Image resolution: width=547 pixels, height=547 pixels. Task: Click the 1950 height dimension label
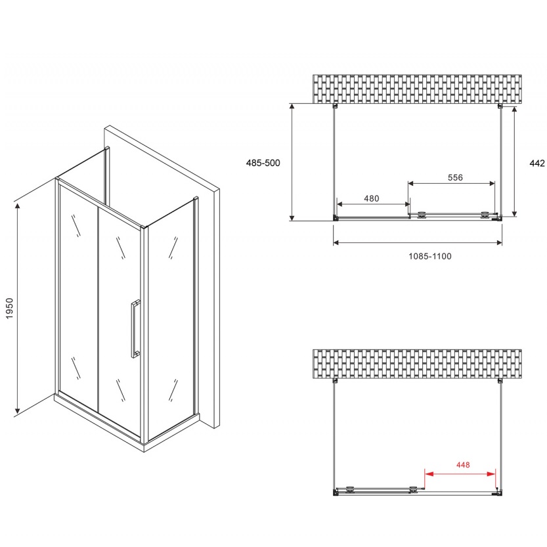pos(9,308)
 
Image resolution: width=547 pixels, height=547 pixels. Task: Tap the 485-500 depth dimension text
pos(263,163)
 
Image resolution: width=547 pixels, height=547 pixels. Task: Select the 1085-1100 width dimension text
pos(429,256)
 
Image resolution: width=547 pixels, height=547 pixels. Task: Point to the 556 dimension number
pos(455,177)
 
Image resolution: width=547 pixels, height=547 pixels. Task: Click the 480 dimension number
pos(371,198)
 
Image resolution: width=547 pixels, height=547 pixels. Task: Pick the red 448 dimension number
pos(463,465)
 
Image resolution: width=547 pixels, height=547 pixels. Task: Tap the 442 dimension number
pos(537,163)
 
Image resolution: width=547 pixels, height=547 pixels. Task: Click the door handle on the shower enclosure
pos(135,329)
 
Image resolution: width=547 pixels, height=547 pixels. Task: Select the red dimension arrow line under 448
pos(460,473)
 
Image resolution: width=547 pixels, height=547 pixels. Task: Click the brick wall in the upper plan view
pos(417,89)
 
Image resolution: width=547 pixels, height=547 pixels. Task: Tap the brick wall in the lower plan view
pos(417,364)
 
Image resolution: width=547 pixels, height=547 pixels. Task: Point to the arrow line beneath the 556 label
pos(451,183)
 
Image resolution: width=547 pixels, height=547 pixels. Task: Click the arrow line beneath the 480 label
pos(373,204)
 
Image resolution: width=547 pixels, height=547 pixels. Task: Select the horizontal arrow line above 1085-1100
pos(418,242)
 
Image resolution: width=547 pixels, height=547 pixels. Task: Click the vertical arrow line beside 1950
pos(17,309)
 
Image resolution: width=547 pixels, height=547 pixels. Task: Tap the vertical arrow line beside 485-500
pos(292,162)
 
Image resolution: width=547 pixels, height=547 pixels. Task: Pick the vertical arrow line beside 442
pos(514,162)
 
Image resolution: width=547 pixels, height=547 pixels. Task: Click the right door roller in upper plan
pos(485,215)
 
